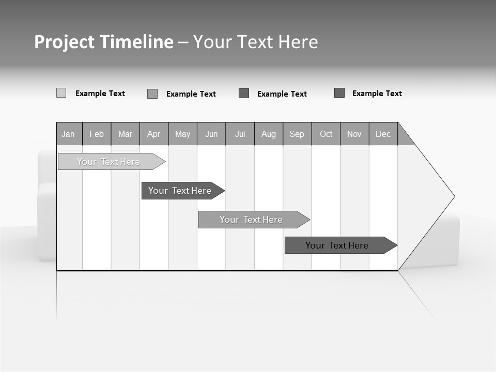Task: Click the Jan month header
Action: click(69, 134)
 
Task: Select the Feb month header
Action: click(97, 134)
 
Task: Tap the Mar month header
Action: click(125, 134)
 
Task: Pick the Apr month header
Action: click(154, 134)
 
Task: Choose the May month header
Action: click(182, 134)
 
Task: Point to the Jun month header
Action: click(211, 134)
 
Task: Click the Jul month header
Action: click(240, 134)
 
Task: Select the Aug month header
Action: click(269, 134)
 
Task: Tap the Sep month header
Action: click(297, 134)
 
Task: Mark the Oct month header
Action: click(326, 134)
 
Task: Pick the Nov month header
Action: click(354, 134)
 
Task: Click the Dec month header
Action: click(383, 134)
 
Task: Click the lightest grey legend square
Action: click(61, 93)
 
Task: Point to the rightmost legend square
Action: click(339, 93)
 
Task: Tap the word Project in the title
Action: click(64, 42)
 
